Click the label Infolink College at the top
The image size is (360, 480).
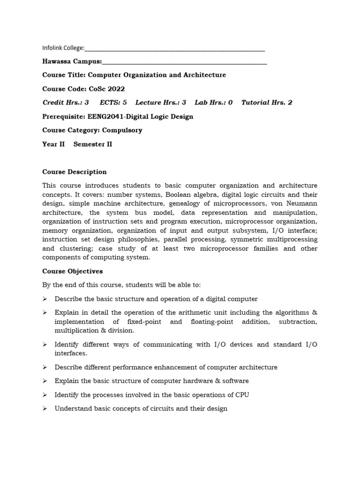pyautogui.click(x=63, y=48)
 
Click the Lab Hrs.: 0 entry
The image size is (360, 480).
pyautogui.click(x=214, y=103)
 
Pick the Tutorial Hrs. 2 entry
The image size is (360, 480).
pyautogui.click(x=267, y=103)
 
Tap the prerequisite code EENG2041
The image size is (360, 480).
pyautogui.click(x=104, y=116)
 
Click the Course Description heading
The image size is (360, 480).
pyautogui.click(x=75, y=172)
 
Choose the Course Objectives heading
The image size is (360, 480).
pyautogui.click(x=73, y=271)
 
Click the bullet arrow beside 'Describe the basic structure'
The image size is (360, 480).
pyautogui.click(x=45, y=299)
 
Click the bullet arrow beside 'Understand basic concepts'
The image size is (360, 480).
pyautogui.click(x=45, y=409)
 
